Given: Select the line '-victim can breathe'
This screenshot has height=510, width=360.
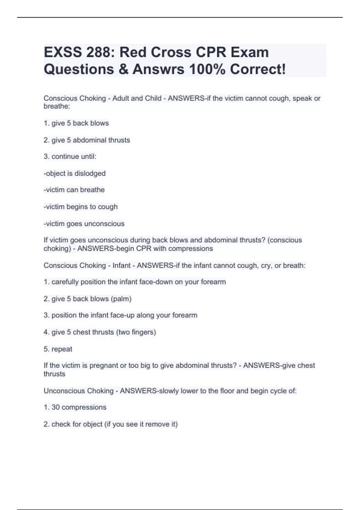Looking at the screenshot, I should coord(74,190).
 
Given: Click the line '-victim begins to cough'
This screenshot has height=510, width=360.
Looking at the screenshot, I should coord(81,207).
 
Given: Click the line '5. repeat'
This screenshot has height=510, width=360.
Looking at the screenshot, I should coord(58,349).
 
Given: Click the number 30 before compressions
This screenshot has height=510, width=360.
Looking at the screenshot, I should coord(55,407).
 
